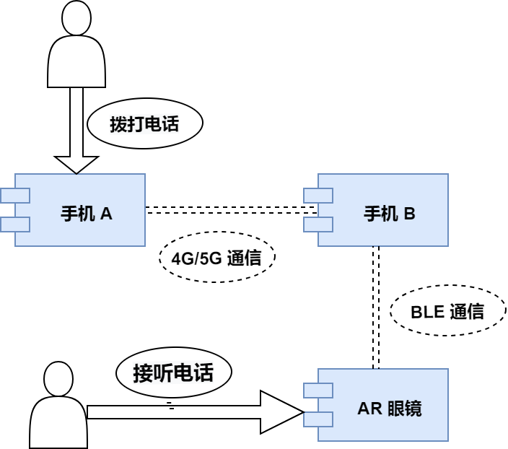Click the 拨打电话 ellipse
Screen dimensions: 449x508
coord(144,124)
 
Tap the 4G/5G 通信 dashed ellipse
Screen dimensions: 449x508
coord(217,258)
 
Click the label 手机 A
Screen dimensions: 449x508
coord(87,214)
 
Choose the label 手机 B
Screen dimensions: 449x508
coord(389,214)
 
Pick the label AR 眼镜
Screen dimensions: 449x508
coord(389,409)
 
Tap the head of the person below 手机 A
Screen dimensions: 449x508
coord(59,380)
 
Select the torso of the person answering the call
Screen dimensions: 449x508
coord(58,426)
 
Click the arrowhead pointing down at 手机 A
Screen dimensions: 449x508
coord(76,164)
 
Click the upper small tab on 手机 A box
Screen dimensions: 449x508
coord(15,196)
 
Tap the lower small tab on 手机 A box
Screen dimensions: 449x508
coord(15,224)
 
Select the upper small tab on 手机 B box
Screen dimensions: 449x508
coord(318,196)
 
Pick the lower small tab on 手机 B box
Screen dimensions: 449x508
coord(318,224)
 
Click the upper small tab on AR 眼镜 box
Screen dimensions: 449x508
coord(318,391)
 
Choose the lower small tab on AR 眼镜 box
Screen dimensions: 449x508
coord(318,419)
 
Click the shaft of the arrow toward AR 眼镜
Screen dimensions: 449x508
coord(173,412)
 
